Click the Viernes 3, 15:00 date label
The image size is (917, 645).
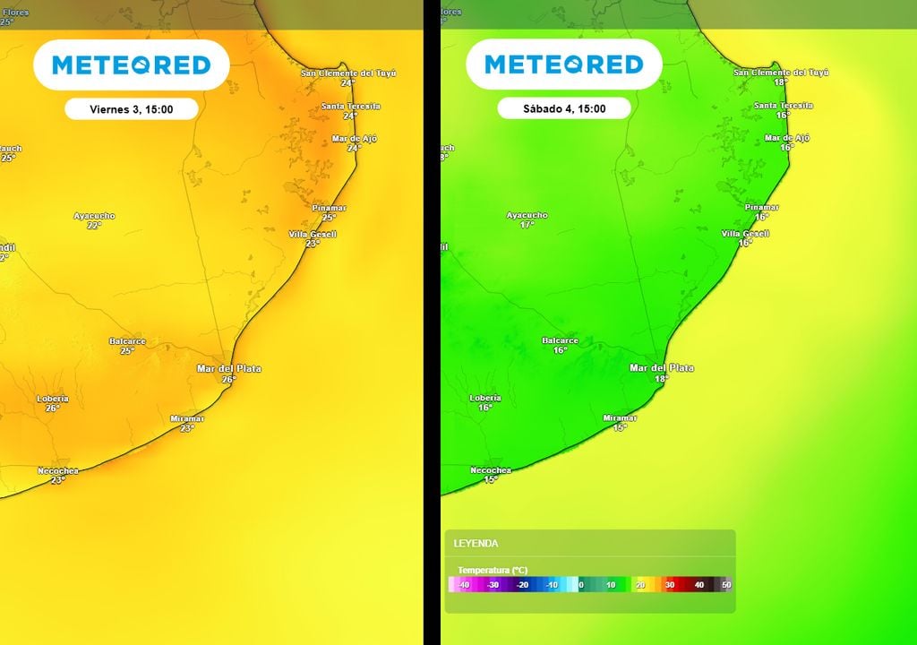131,109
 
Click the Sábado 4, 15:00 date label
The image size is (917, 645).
564,109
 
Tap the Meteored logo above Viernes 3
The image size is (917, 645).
131,64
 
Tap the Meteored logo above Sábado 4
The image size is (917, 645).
564,64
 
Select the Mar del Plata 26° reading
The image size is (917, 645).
229,374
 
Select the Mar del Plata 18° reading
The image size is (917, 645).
662,374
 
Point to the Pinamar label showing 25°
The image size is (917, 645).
329,212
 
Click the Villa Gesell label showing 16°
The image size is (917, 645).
745,237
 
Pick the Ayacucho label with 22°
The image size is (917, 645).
94,220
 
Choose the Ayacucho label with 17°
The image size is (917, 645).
527,219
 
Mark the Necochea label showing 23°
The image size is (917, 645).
58,475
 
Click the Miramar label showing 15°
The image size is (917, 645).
620,423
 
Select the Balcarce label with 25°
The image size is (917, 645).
127,345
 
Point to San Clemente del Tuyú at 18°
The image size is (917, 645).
781,77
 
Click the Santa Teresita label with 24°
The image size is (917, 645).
350,110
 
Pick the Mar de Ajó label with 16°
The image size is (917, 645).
787,142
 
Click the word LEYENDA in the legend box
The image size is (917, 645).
476,544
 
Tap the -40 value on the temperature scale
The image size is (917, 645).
464,585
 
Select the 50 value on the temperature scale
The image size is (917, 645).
726,585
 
